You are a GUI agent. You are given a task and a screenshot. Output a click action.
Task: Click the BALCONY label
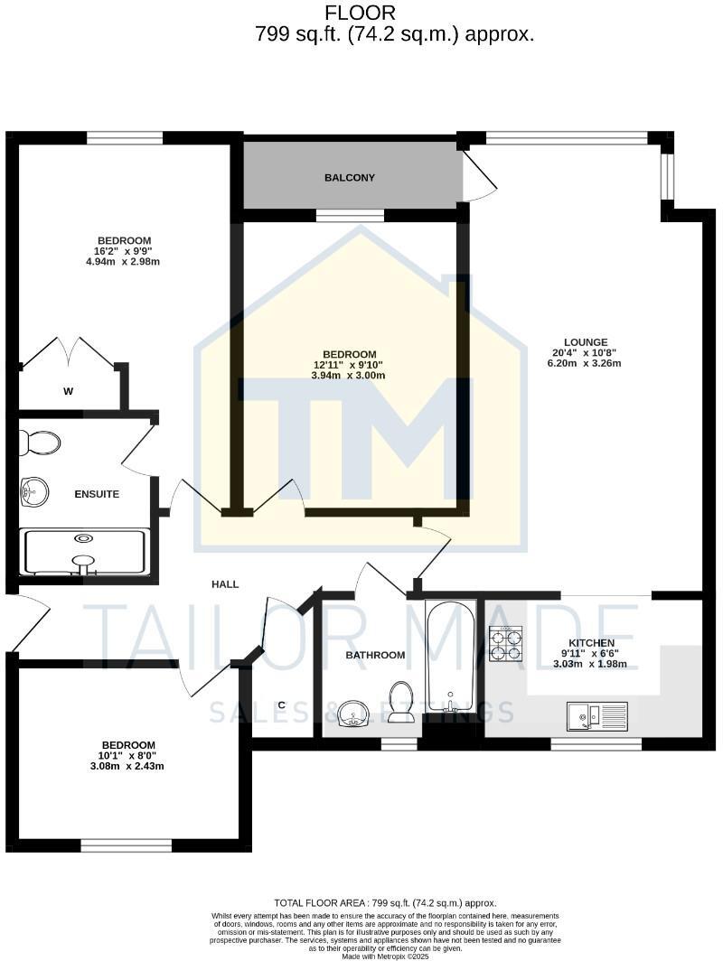[349, 178]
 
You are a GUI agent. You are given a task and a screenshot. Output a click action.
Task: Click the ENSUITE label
[97, 494]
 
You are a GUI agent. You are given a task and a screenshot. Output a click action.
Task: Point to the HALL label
[225, 584]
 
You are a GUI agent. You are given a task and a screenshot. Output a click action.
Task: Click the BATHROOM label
[375, 655]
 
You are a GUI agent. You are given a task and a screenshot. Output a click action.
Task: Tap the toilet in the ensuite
[41, 443]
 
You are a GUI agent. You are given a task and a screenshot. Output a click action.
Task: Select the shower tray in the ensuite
[84, 552]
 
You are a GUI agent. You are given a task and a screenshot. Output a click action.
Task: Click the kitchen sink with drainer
[596, 717]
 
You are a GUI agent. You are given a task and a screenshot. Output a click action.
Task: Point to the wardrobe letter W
[68, 391]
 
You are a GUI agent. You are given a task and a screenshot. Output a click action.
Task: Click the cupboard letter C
[282, 704]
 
